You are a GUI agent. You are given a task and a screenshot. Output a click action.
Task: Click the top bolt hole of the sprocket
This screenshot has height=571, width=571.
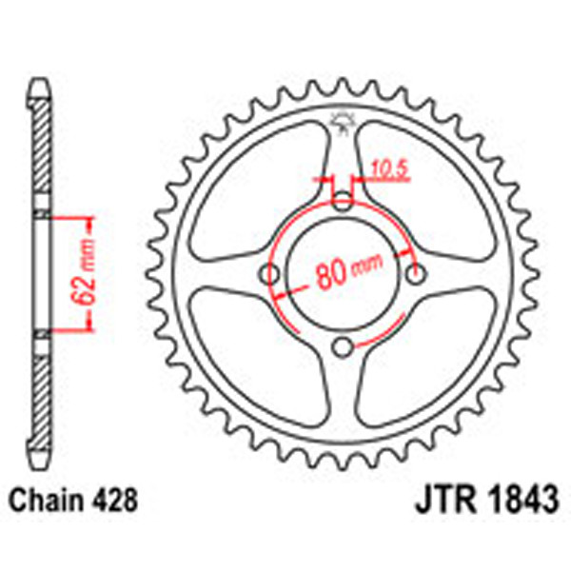pyautogui.click(x=344, y=201)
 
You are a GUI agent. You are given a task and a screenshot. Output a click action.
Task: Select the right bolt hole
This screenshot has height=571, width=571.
pyautogui.click(x=416, y=274)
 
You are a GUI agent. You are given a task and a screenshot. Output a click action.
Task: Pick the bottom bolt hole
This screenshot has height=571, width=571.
pyautogui.click(x=345, y=345)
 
